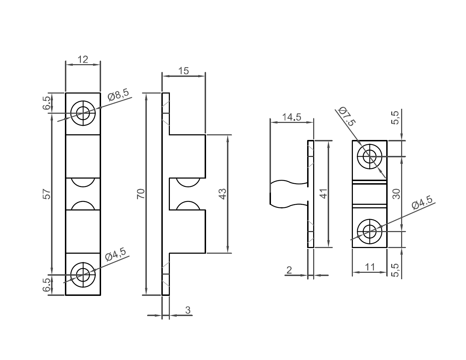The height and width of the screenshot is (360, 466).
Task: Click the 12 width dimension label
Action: (83, 59)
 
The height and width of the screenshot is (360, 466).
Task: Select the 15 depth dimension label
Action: (183, 71)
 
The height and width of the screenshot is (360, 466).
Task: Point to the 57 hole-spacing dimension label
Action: (47, 194)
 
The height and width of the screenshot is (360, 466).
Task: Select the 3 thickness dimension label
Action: (188, 310)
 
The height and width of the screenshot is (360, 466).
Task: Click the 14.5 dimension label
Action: (292, 117)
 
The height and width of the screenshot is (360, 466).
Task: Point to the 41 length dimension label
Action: (324, 193)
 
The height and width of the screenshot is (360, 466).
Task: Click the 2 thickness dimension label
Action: (289, 270)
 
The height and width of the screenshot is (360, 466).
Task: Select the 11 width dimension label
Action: (370, 267)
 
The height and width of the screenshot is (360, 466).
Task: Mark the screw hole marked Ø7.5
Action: (370, 156)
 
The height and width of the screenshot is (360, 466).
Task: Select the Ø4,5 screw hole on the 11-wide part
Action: (370, 232)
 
